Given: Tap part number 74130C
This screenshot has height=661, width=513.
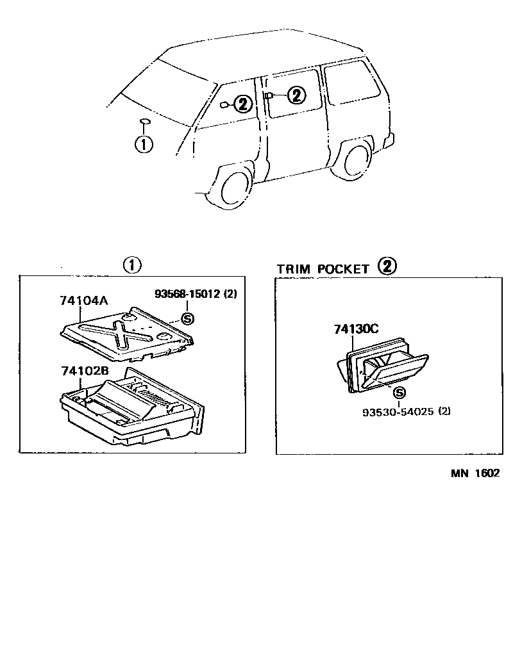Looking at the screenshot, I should (356, 329).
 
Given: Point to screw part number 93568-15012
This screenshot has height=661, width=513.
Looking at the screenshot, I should (187, 294).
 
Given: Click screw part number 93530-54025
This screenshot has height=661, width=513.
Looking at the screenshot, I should (397, 412).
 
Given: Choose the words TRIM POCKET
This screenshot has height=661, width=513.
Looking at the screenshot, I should (323, 269).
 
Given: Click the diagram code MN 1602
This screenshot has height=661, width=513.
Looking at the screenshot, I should (474, 474).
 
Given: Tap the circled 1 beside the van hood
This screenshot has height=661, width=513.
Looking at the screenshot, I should (144, 144).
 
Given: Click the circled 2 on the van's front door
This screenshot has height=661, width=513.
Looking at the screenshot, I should (242, 104).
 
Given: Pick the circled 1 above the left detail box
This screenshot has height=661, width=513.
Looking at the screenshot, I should (132, 265).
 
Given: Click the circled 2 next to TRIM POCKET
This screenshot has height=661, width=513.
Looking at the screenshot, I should (387, 266).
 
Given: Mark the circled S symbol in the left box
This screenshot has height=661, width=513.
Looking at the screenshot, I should (187, 319).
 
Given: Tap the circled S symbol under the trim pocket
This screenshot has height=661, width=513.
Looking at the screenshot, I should (399, 393).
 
